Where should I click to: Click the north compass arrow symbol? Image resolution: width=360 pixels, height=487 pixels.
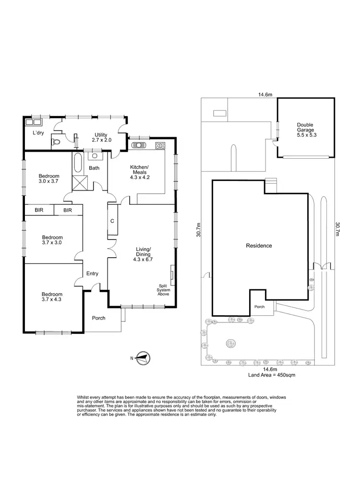pyautogui.click(x=142, y=357)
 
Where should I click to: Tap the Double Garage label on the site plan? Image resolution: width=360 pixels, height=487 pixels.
pyautogui.click(x=305, y=129)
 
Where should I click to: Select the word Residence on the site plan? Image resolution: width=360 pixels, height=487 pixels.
pyautogui.click(x=259, y=246)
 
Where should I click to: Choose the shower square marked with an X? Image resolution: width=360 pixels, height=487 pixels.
pyautogui.click(x=79, y=183)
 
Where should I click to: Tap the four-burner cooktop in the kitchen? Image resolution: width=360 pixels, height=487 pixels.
pyautogui.click(x=160, y=145)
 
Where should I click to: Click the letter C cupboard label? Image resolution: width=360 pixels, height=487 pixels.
pyautogui.click(x=112, y=221)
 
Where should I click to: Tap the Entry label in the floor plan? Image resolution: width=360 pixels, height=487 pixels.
pyautogui.click(x=92, y=273)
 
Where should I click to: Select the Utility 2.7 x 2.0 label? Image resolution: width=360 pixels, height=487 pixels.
pyautogui.click(x=101, y=138)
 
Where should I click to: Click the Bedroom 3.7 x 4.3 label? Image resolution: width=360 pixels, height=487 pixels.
pyautogui.click(x=52, y=297)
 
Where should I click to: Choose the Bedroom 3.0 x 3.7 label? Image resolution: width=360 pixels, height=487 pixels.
pyautogui.click(x=48, y=178)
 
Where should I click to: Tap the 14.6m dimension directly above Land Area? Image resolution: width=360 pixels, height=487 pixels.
pyautogui.click(x=268, y=369)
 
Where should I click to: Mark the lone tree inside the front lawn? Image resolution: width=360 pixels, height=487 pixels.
pyautogui.click(x=231, y=343)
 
